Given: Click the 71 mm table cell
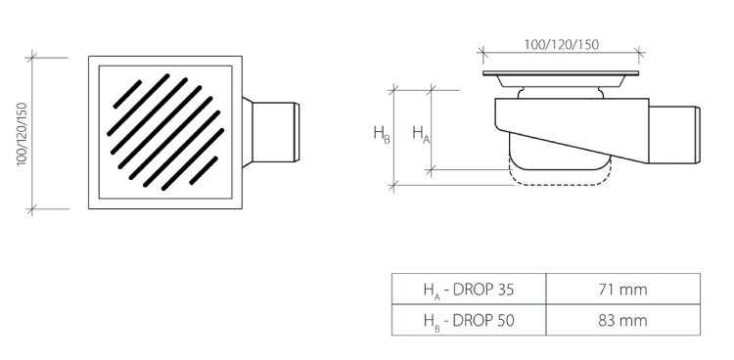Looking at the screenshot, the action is [623, 289].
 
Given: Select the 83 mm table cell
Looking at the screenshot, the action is [623, 320].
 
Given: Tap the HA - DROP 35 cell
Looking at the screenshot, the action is [469, 289].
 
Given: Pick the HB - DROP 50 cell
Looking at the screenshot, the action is [469, 320].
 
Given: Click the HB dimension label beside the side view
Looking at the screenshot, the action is [381, 134].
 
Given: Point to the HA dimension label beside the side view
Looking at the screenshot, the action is [421, 134].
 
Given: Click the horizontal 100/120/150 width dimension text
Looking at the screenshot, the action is [561, 44].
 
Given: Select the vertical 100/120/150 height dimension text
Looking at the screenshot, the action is [22, 133].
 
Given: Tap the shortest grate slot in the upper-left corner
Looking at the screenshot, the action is [127, 94].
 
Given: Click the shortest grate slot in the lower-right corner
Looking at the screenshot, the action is [204, 170].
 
